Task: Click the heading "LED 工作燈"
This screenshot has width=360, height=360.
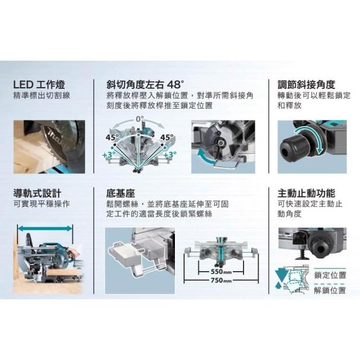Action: [39, 85]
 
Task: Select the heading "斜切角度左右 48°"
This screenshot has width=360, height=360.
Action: [145, 85]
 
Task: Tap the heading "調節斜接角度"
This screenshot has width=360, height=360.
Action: [306, 85]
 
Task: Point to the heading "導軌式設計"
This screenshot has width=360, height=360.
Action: [37, 193]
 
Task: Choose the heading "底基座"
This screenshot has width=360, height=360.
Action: [120, 193]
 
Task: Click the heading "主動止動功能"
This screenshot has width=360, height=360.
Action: [306, 193]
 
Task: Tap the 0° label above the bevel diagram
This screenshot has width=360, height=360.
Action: [139, 119]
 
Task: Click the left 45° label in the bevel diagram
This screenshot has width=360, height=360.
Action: [112, 137]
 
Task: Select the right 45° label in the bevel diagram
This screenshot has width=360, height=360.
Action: [167, 137]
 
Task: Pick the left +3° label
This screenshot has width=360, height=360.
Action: [109, 155]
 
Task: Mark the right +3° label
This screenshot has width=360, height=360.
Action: [170, 155]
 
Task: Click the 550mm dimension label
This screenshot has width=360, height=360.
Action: [221, 272]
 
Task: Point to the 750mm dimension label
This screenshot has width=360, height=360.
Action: [221, 280]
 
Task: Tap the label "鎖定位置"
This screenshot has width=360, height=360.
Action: [330, 275]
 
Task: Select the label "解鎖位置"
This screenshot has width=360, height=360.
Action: [330, 290]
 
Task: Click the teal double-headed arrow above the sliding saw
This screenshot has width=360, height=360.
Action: [45, 228]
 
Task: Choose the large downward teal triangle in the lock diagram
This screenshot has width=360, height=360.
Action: [281, 275]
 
